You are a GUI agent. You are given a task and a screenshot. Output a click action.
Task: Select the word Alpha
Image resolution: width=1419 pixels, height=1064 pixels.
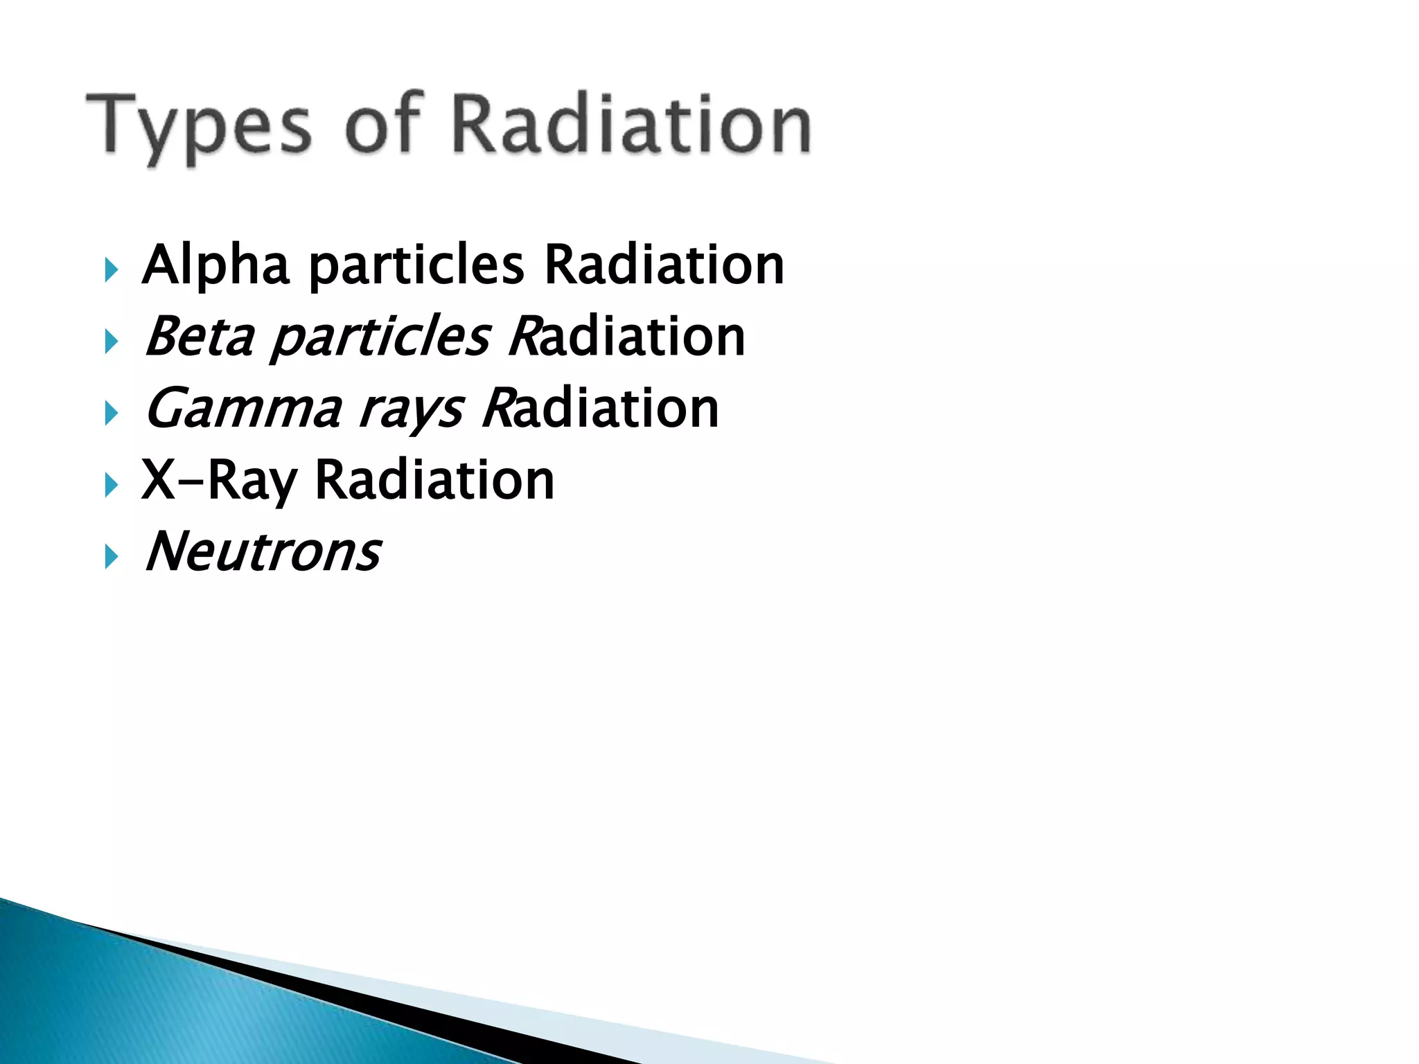pyautogui.click(x=215, y=266)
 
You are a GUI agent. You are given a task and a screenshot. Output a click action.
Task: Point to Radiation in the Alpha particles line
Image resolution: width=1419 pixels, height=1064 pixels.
pyautogui.click(x=664, y=265)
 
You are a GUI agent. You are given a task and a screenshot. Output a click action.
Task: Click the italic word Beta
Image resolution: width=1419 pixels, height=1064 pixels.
pyautogui.click(x=200, y=337)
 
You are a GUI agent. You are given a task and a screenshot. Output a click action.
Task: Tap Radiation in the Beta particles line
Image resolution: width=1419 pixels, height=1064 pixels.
pyautogui.click(x=627, y=337)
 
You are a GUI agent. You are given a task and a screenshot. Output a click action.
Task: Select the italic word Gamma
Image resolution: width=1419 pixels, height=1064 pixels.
pyautogui.click(x=243, y=409)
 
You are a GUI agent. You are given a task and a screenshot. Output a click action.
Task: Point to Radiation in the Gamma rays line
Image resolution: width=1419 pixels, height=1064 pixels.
pyautogui.click(x=601, y=409)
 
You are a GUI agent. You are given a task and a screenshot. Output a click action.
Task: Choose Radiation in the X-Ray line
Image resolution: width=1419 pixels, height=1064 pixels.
pyautogui.click(x=434, y=480)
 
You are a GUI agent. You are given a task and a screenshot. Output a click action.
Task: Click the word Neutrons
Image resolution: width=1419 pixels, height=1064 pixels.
pyautogui.click(x=263, y=552)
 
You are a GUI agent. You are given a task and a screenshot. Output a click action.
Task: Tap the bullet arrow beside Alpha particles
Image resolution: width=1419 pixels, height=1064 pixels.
pyautogui.click(x=112, y=269)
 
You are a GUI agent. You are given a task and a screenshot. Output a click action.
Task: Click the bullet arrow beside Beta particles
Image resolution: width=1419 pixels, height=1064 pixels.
pyautogui.click(x=112, y=342)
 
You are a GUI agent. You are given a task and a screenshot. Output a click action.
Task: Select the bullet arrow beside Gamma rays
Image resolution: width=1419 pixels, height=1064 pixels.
pyautogui.click(x=112, y=414)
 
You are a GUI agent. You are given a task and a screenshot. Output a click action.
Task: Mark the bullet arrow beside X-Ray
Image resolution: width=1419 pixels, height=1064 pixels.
pyautogui.click(x=112, y=485)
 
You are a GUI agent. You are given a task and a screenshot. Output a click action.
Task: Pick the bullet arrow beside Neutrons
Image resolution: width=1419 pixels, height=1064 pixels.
pyautogui.click(x=112, y=557)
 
